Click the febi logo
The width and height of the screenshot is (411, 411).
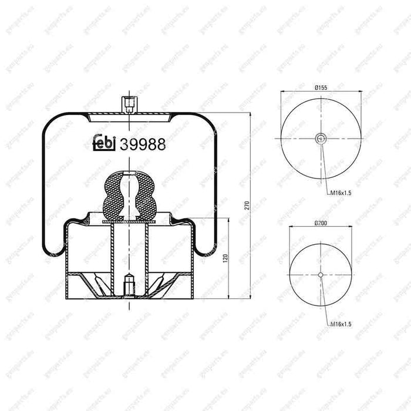point(104,144)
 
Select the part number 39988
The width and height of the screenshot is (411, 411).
point(143,144)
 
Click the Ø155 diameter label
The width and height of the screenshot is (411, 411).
point(321,87)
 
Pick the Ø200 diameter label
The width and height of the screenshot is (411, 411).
point(321,223)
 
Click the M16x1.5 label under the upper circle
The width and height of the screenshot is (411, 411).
point(339,193)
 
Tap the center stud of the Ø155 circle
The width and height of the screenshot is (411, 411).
point(321,139)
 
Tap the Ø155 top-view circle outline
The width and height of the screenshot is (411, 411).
point(282,139)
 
